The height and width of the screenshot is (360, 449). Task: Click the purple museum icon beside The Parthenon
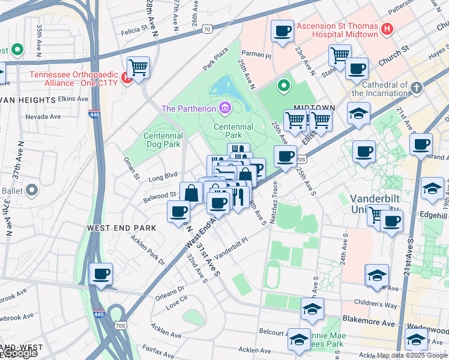pos(225,108)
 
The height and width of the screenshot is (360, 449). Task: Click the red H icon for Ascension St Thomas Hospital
pos(387,28)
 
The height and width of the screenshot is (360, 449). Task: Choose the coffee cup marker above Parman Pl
pos(282,31)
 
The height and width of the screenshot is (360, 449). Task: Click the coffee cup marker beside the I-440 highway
pos(101,275)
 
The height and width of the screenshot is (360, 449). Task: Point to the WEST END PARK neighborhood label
pos(121,228)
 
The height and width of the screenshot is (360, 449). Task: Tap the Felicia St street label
pos(134,29)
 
